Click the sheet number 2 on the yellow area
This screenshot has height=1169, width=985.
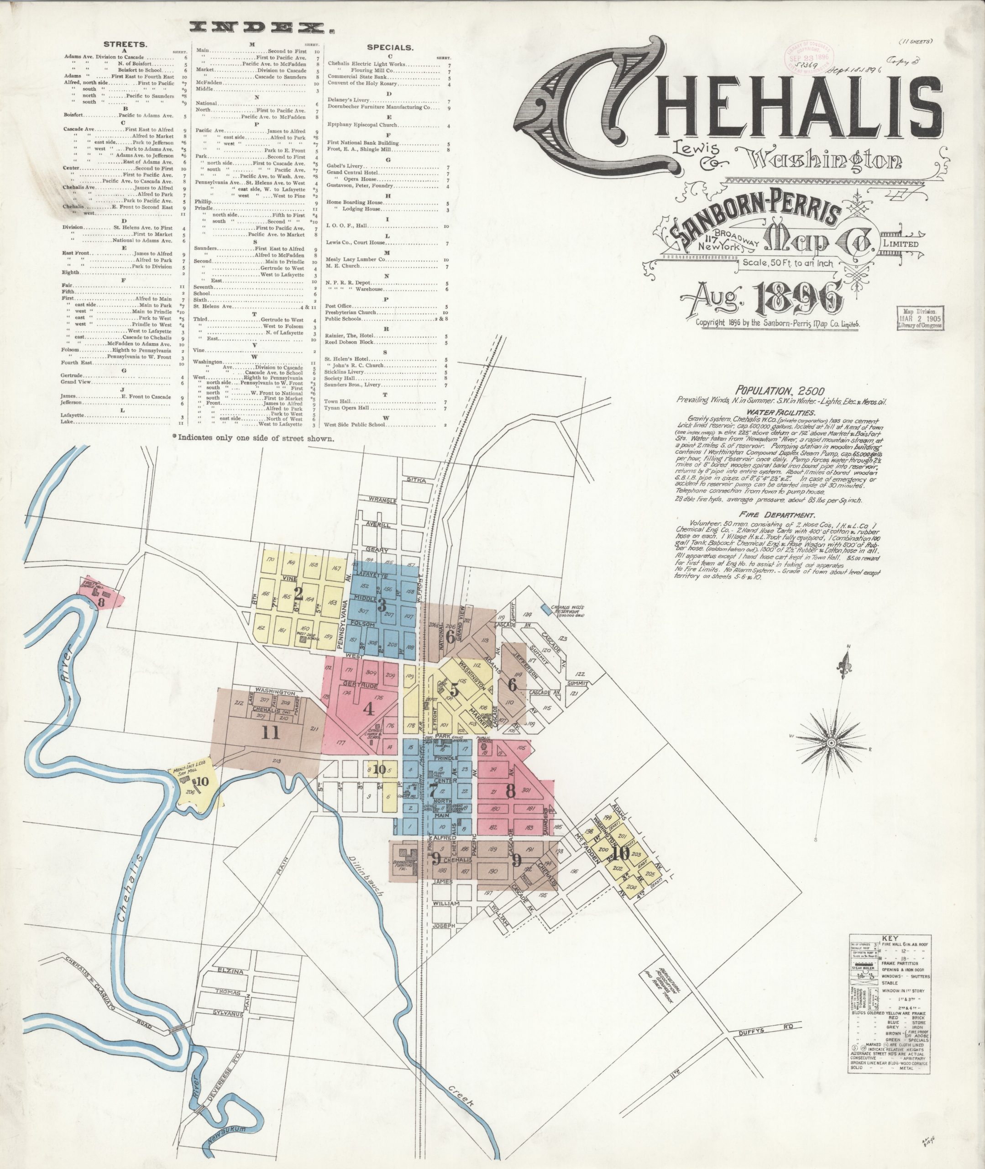298,595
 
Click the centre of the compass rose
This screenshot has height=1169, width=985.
830,743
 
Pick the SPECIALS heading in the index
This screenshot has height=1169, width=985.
390,48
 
